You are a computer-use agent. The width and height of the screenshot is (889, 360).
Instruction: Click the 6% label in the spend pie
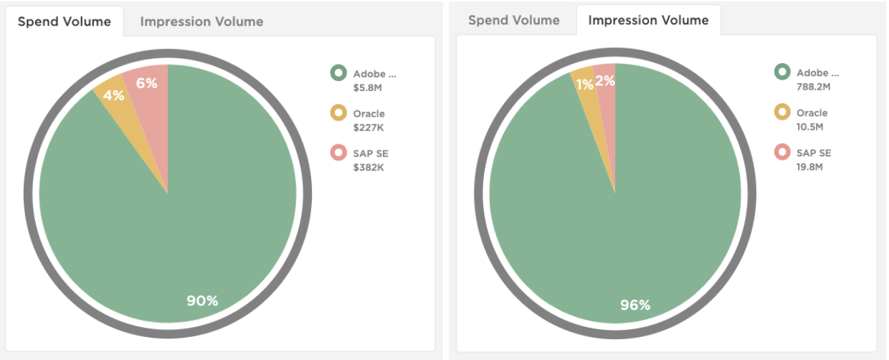pyautogui.click(x=146, y=83)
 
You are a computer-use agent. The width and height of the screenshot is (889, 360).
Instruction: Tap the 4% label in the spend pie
pyautogui.click(x=113, y=95)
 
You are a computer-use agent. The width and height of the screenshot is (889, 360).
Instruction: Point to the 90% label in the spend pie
pyautogui.click(x=202, y=300)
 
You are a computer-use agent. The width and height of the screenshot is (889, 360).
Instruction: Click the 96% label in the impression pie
pyautogui.click(x=634, y=305)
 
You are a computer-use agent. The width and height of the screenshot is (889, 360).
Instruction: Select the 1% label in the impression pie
pyautogui.click(x=585, y=85)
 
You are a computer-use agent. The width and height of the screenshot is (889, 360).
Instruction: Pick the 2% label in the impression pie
pyautogui.click(x=605, y=81)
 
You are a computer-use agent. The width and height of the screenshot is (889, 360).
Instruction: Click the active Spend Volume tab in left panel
pyautogui.click(x=65, y=22)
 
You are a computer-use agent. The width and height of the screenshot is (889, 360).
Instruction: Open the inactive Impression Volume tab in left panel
pyautogui.click(x=201, y=22)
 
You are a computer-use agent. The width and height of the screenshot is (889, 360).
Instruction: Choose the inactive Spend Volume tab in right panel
pyautogui.click(x=514, y=20)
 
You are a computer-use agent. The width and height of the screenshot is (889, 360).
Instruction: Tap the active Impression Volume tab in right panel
pyautogui.click(x=648, y=20)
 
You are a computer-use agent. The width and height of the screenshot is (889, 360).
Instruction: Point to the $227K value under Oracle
pyautogui.click(x=368, y=128)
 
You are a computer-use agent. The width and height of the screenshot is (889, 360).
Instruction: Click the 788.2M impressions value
pyautogui.click(x=813, y=87)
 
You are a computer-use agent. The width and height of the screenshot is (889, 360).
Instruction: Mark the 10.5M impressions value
pyautogui.click(x=809, y=127)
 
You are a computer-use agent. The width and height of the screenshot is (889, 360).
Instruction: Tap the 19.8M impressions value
pyautogui.click(x=809, y=167)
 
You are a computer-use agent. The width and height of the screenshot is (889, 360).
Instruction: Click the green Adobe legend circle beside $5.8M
pyautogui.click(x=338, y=72)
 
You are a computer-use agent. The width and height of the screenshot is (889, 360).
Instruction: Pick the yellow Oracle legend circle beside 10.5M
pyautogui.click(x=782, y=113)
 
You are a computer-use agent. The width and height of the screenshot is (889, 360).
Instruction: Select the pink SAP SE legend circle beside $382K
pyautogui.click(x=338, y=153)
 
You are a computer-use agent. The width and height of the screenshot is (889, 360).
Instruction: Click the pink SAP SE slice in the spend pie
pyautogui.click(x=152, y=115)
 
